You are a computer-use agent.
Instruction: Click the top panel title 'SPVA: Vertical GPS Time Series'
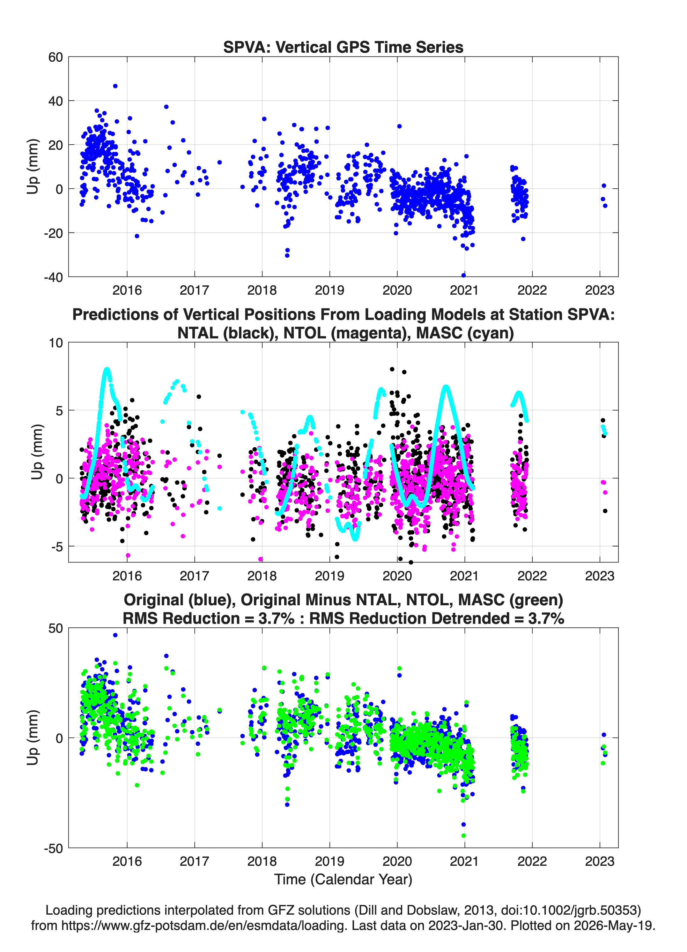pyautogui.click(x=343, y=47)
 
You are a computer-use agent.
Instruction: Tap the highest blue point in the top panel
pyautogui.click(x=115, y=86)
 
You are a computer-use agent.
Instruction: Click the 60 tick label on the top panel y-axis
pyautogui.click(x=55, y=57)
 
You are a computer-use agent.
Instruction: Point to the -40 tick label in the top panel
pyautogui.click(x=53, y=277)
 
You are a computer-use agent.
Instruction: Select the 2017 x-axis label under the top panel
pyautogui.click(x=195, y=290)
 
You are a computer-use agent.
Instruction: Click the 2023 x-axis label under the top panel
pyautogui.click(x=600, y=290)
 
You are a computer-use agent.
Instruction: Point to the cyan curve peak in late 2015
pyautogui.click(x=107, y=369)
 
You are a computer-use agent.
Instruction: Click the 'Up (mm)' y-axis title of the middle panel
pyautogui.click(x=37, y=452)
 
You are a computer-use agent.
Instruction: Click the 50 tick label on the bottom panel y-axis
pyautogui.click(x=55, y=628)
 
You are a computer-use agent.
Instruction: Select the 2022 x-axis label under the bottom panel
pyautogui.click(x=532, y=861)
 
